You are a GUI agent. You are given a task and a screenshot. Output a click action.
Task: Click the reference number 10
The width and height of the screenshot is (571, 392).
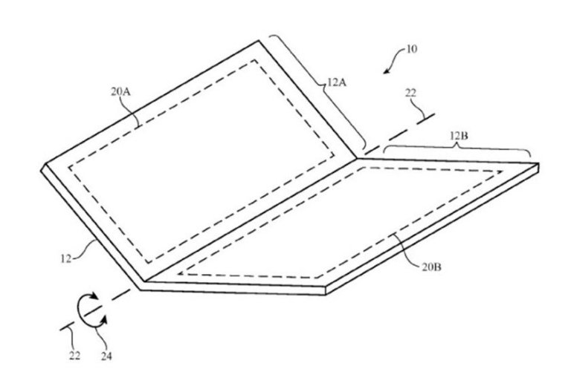(x=411, y=49)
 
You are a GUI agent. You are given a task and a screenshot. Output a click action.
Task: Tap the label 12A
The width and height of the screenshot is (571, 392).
(x=337, y=82)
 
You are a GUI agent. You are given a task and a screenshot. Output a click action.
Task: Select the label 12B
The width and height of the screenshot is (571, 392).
(x=459, y=136)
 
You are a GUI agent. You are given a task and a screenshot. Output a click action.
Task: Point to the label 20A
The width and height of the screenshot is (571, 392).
(x=121, y=91)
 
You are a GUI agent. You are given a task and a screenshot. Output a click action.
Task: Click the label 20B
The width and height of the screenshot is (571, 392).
(x=431, y=267)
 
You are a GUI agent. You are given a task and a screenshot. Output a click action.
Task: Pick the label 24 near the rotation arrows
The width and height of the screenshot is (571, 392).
(x=106, y=356)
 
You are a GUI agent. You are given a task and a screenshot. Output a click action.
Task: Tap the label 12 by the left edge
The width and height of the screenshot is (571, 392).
(x=66, y=259)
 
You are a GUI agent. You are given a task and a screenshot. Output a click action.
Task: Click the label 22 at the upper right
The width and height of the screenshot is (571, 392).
(x=410, y=94)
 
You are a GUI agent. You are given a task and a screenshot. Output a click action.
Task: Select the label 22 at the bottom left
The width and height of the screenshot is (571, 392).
(x=74, y=356)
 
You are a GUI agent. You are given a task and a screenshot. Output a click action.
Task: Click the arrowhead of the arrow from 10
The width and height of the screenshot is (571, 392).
(x=386, y=71)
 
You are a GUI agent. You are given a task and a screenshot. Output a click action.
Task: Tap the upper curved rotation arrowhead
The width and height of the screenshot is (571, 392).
(x=94, y=296)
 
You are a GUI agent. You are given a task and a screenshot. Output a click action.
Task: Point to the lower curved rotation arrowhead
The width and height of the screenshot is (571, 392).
(x=104, y=320)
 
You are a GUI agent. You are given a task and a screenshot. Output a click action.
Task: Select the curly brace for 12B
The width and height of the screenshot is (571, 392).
(x=458, y=146)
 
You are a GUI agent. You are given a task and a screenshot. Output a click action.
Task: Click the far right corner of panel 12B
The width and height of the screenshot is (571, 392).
(x=538, y=164)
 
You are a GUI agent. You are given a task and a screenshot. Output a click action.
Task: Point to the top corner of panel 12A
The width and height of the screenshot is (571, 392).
(x=259, y=40)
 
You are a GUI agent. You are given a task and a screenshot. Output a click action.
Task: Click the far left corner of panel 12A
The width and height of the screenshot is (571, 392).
(x=42, y=169)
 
